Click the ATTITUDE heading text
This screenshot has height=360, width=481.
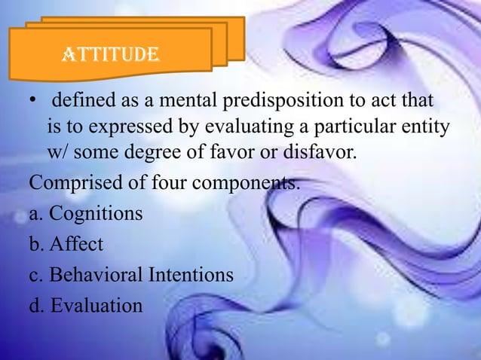click(110, 55)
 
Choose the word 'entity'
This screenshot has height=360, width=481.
click(427, 126)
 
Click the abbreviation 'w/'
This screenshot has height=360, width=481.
click(58, 151)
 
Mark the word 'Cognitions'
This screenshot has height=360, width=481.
click(96, 214)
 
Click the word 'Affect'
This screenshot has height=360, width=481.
click(76, 245)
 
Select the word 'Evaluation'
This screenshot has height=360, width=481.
click(96, 306)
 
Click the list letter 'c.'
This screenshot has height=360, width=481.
click(36, 276)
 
